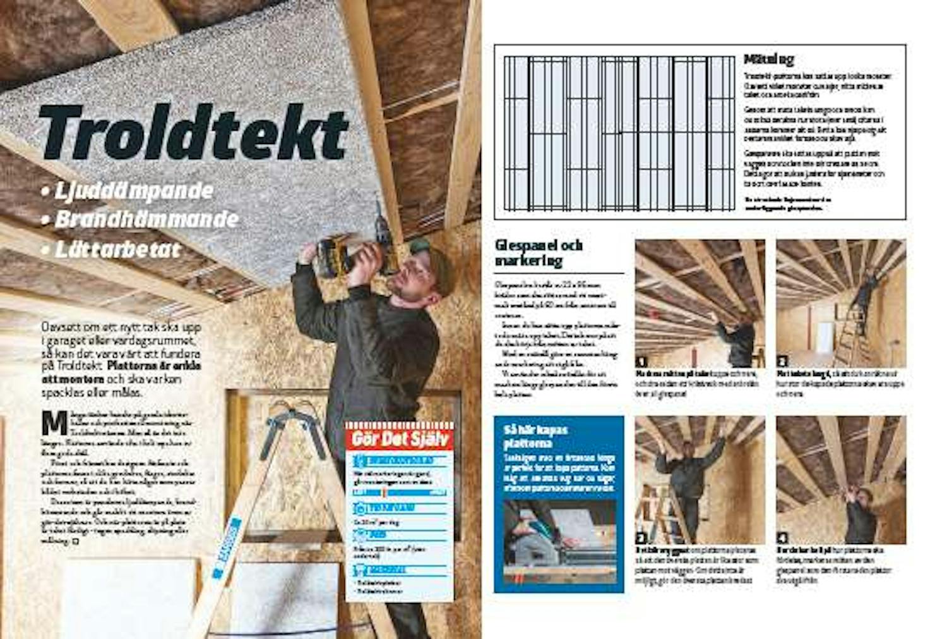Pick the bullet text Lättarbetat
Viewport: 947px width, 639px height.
click(x=117, y=249)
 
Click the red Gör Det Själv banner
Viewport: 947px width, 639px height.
click(x=399, y=438)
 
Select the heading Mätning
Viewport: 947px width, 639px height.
click(x=768, y=59)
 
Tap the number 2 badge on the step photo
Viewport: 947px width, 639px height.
click(x=782, y=362)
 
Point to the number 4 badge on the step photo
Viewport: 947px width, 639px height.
click(x=782, y=539)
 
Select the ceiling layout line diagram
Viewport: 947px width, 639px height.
click(x=619, y=133)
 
